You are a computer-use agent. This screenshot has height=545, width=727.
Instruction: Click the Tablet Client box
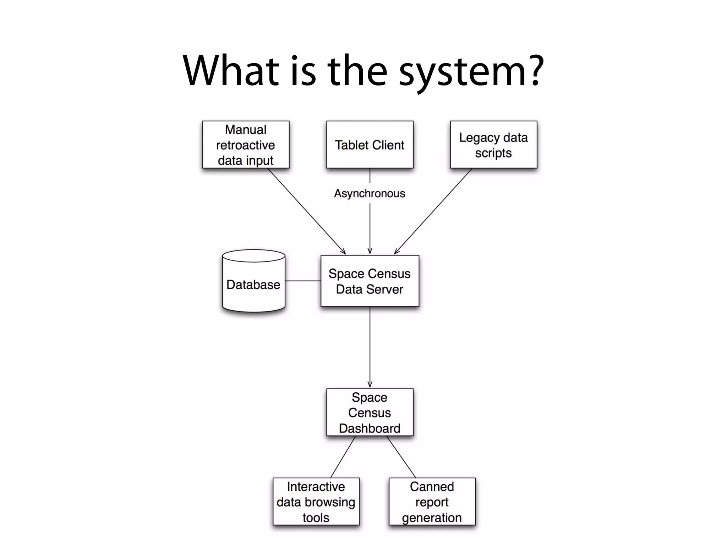click(x=370, y=144)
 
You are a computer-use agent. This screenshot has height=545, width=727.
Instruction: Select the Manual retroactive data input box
click(x=246, y=144)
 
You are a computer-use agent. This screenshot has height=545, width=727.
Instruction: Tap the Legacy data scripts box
click(x=493, y=144)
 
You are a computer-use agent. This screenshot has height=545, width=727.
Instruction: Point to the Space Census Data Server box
click(x=370, y=281)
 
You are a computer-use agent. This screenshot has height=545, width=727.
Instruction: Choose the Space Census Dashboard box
click(x=370, y=412)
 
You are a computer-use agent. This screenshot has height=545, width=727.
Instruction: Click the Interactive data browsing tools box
click(x=316, y=501)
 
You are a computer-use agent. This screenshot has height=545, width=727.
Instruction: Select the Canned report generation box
click(x=432, y=501)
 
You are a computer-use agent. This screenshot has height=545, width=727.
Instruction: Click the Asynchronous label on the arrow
click(x=370, y=193)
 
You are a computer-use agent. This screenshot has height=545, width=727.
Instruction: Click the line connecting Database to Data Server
click(x=303, y=281)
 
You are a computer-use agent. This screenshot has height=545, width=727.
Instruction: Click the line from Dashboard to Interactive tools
click(x=343, y=457)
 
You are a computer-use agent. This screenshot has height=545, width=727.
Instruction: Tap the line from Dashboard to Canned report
click(x=401, y=457)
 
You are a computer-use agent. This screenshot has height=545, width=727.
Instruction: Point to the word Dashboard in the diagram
click(x=370, y=428)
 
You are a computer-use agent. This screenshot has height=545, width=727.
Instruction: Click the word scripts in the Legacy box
click(x=493, y=153)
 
